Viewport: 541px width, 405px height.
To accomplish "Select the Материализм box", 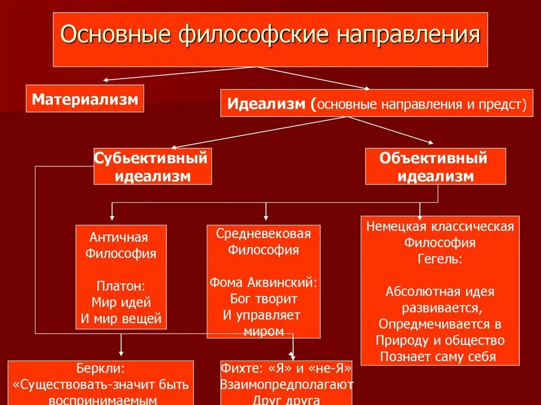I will (85, 99).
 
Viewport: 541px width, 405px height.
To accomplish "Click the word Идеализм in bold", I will (267, 103).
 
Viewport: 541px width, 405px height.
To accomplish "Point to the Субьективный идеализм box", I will (153, 166).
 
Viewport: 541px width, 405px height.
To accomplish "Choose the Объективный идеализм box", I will (435, 166).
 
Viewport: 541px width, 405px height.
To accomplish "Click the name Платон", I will (120, 286).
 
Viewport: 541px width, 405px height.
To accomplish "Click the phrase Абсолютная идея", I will (440, 291).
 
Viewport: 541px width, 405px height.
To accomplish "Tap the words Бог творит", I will (264, 298).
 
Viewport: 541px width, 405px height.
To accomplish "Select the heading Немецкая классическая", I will (440, 227).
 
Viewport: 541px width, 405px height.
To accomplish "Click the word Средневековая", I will (264, 233).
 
